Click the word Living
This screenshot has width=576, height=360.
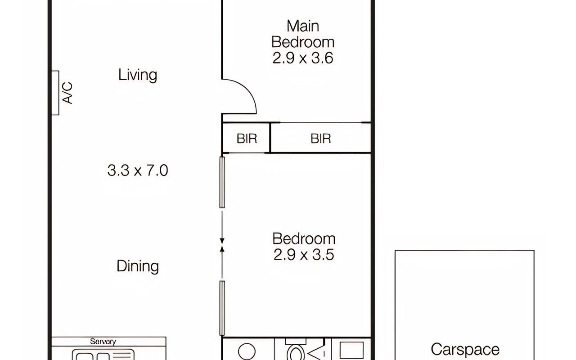point(138,75)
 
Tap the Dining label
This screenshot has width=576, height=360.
point(138,266)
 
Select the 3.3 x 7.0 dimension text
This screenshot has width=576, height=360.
point(138,170)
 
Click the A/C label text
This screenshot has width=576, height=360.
point(67,93)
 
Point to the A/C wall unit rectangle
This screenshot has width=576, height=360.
point(55,93)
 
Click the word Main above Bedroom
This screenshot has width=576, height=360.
point(303,26)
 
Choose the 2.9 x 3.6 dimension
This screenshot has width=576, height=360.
point(303,58)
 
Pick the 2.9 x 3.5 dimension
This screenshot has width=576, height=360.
point(304,255)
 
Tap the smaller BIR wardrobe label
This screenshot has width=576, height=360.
point(247,139)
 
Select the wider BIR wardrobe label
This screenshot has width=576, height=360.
point(321,139)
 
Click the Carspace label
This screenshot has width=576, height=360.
point(465,350)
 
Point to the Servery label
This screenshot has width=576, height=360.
point(103,342)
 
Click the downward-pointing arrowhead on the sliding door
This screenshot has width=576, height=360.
point(222,241)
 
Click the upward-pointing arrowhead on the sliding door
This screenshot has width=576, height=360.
point(222,249)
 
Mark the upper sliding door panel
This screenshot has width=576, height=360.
point(222,182)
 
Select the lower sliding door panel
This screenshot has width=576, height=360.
point(222,308)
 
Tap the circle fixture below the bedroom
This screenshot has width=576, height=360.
point(247,351)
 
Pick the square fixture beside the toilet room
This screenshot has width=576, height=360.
point(351,350)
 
